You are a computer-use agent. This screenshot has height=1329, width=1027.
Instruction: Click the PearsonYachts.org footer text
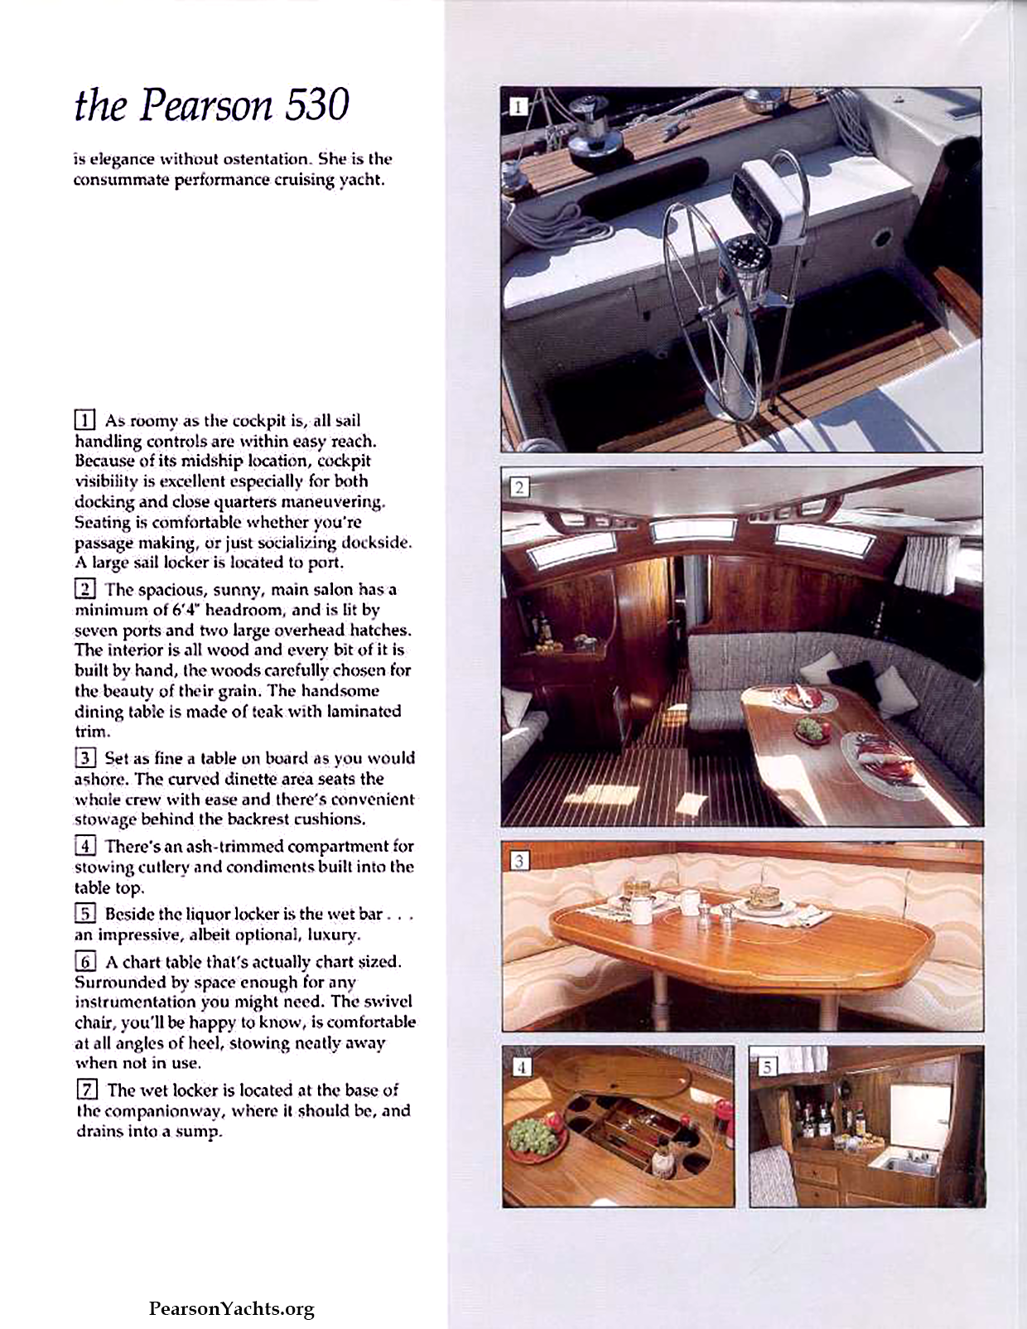(x=231, y=1309)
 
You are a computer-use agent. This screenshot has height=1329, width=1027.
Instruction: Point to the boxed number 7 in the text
(x=85, y=1090)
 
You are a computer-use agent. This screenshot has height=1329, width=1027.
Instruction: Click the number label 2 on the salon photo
(x=518, y=487)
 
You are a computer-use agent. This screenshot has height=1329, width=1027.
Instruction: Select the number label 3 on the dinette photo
(x=518, y=861)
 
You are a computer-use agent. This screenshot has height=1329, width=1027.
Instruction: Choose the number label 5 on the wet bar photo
(x=767, y=1067)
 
